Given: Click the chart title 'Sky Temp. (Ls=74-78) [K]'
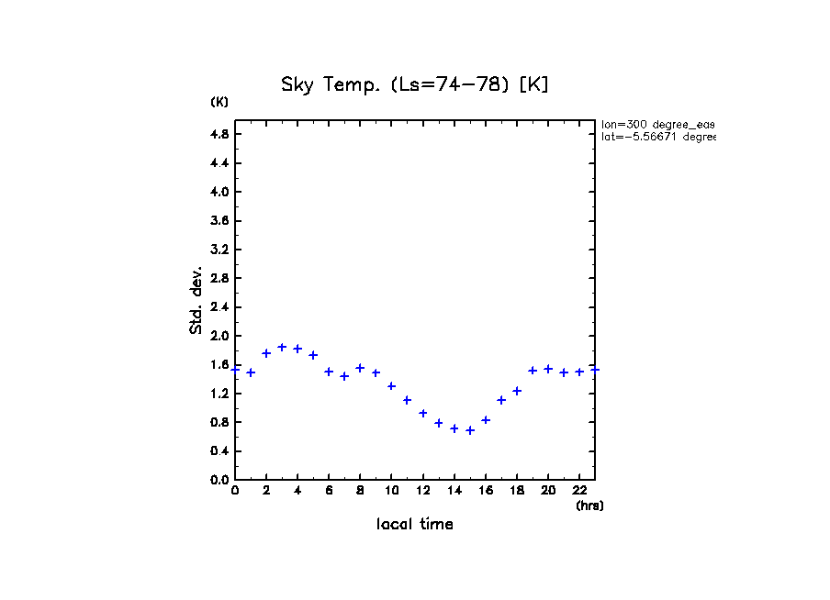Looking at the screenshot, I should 414,85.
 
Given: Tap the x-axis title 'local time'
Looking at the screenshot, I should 414,524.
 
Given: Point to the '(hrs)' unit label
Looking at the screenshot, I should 589,506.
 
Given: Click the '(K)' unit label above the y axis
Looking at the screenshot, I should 219,102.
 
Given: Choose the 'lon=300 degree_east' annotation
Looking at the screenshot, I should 657,124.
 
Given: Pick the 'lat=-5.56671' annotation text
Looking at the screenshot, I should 657,137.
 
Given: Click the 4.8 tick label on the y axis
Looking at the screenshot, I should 219,134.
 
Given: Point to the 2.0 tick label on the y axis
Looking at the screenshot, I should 219,336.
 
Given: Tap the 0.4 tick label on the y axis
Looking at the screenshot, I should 219,450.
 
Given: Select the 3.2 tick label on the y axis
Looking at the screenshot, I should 219,250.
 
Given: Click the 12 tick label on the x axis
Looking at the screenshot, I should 422,491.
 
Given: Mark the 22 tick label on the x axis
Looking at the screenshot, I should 579,491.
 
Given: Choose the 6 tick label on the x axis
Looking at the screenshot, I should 329,491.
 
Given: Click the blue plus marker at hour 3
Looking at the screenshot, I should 282,347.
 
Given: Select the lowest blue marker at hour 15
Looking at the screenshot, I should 470,430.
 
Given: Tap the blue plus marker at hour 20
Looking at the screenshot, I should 548,369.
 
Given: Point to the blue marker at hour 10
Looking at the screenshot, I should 391,386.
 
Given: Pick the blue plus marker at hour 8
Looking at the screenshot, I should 360,368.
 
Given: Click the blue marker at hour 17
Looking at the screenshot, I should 501,400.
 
